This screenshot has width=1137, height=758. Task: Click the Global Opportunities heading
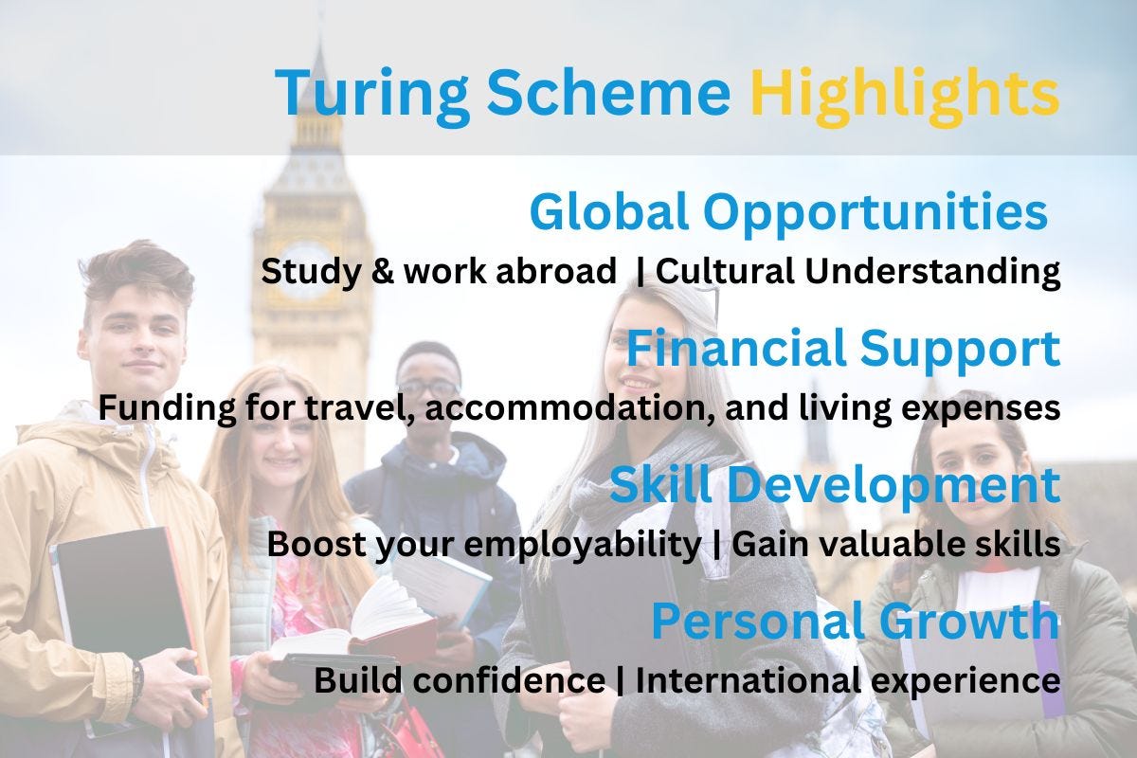[787, 212]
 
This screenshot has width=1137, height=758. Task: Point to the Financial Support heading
[842, 349]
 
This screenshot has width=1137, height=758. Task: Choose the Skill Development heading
[834, 485]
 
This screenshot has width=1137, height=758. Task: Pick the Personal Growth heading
[855, 622]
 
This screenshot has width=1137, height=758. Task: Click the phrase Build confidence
[460, 680]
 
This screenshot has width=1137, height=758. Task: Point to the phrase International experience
[847, 680]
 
